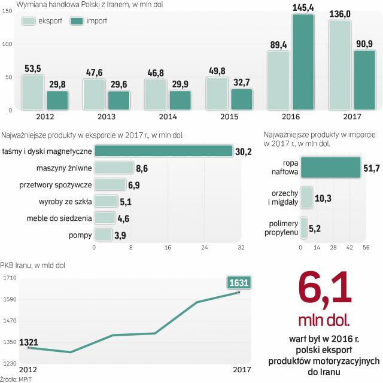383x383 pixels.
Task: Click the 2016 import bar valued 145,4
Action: pyautogui.click(x=303, y=62)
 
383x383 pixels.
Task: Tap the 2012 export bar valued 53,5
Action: pyautogui.click(x=32, y=92)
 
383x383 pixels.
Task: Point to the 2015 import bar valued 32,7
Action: pyautogui.click(x=242, y=99)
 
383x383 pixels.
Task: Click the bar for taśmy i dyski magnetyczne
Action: pyautogui.click(x=163, y=151)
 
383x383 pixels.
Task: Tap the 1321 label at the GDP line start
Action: pyautogui.click(x=29, y=342)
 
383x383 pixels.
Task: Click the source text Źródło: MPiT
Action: pyautogui.click(x=17, y=379)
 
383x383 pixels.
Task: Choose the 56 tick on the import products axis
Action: pyautogui.click(x=364, y=247)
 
